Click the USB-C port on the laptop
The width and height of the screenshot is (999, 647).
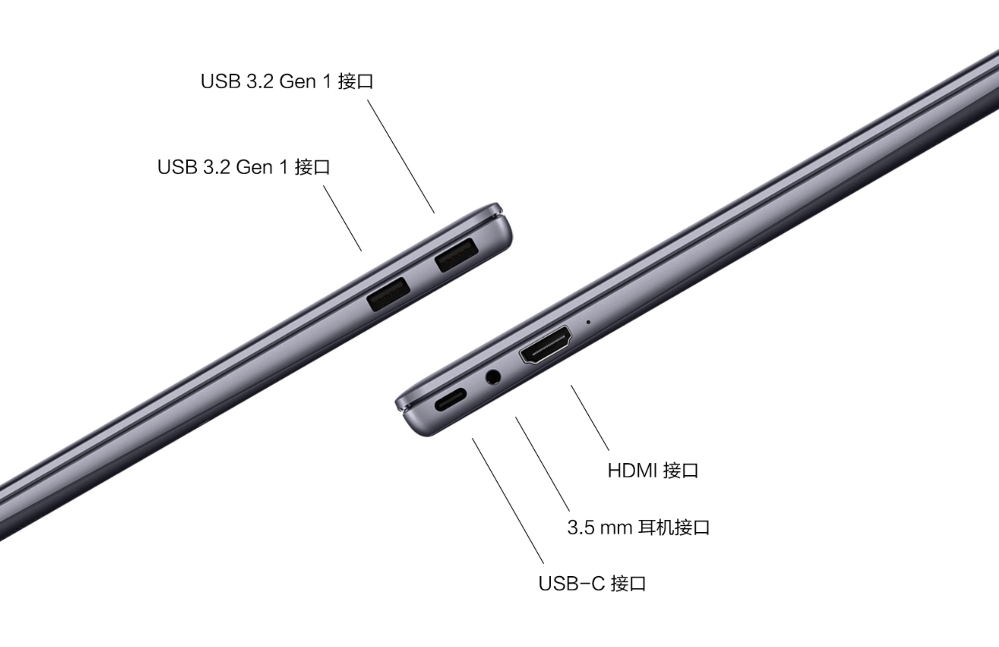click(450, 400)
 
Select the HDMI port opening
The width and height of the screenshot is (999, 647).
click(545, 345)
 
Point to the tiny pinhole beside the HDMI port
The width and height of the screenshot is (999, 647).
click(588, 322)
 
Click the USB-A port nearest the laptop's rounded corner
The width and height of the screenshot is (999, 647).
click(457, 255)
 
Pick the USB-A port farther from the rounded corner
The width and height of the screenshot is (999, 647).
click(388, 294)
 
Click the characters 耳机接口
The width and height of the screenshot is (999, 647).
click(674, 527)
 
